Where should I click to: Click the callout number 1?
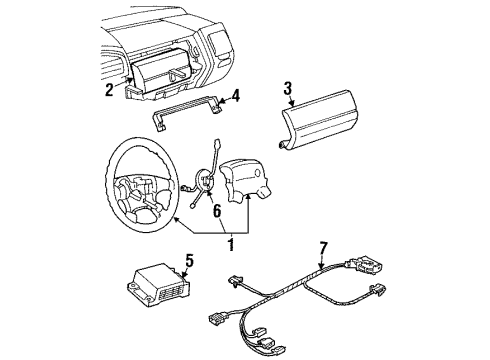click(231, 244)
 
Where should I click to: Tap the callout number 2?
click(109, 90)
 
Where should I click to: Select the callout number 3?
click(288, 88)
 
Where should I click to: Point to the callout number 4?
click(235, 96)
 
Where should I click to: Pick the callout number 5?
click(189, 261)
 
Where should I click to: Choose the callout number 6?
click(217, 211)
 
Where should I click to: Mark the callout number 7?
click(324, 249)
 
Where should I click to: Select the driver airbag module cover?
click(248, 180)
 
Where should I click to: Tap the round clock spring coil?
click(204, 180)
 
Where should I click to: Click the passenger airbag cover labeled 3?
click(318, 119)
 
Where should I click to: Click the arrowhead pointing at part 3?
click(292, 104)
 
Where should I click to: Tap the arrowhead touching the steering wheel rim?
click(175, 219)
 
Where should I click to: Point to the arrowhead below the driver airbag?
click(248, 197)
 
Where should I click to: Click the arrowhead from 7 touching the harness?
click(320, 266)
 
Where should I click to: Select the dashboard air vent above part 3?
click(218, 42)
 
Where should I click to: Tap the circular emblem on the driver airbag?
click(257, 173)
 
